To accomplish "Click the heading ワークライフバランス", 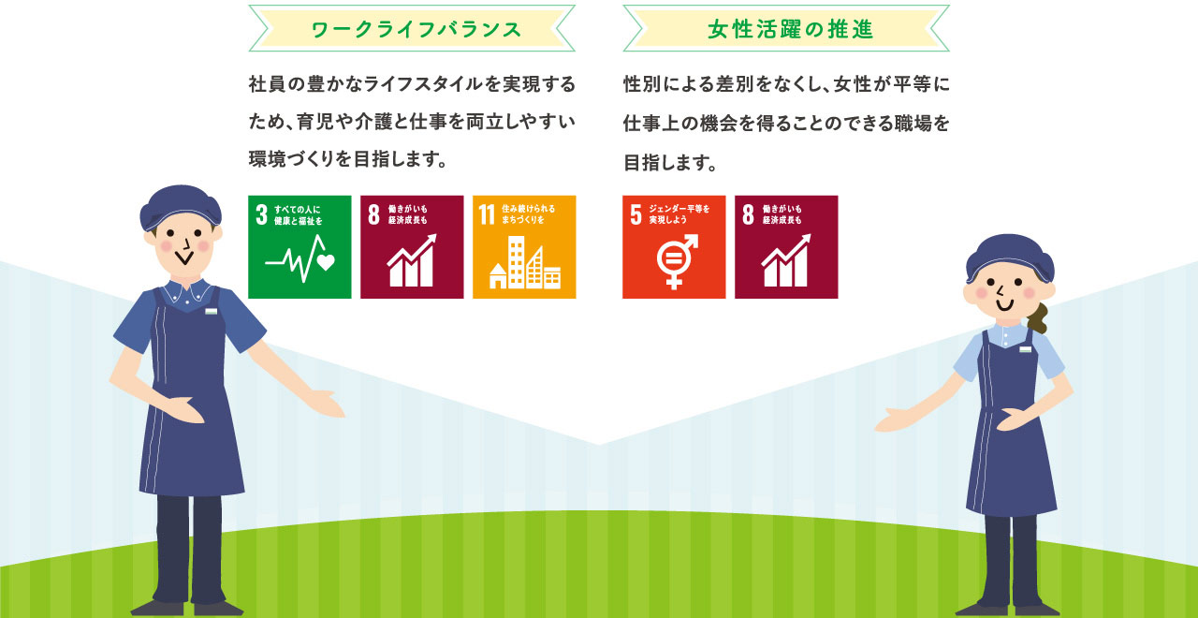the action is pyautogui.click(x=416, y=29).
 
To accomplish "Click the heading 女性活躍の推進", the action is pyautogui.click(x=791, y=29).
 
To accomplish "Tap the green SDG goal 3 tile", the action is pyautogui.click(x=299, y=246).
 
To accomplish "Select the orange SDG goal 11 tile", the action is pyautogui.click(x=524, y=246).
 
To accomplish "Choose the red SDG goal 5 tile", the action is pyautogui.click(x=674, y=246).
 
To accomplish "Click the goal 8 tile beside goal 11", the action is pyautogui.click(x=412, y=246).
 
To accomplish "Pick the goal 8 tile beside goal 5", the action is pyautogui.click(x=786, y=246).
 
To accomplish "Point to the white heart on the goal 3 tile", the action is pyautogui.click(x=326, y=263).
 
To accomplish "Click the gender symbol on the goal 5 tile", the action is pyautogui.click(x=677, y=261).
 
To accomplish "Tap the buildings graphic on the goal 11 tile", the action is pyautogui.click(x=525, y=262).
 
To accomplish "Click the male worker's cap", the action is pyautogui.click(x=181, y=208).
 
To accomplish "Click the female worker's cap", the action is pyautogui.click(x=1010, y=258).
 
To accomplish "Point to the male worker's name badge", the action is pyautogui.click(x=212, y=311).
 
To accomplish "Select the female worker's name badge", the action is pyautogui.click(x=1025, y=350).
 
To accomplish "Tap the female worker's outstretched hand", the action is pyautogui.click(x=894, y=420).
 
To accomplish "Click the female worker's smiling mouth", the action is pyautogui.click(x=1005, y=306).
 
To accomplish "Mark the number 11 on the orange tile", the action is pyautogui.click(x=487, y=214).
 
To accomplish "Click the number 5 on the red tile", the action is pyautogui.click(x=636, y=214).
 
